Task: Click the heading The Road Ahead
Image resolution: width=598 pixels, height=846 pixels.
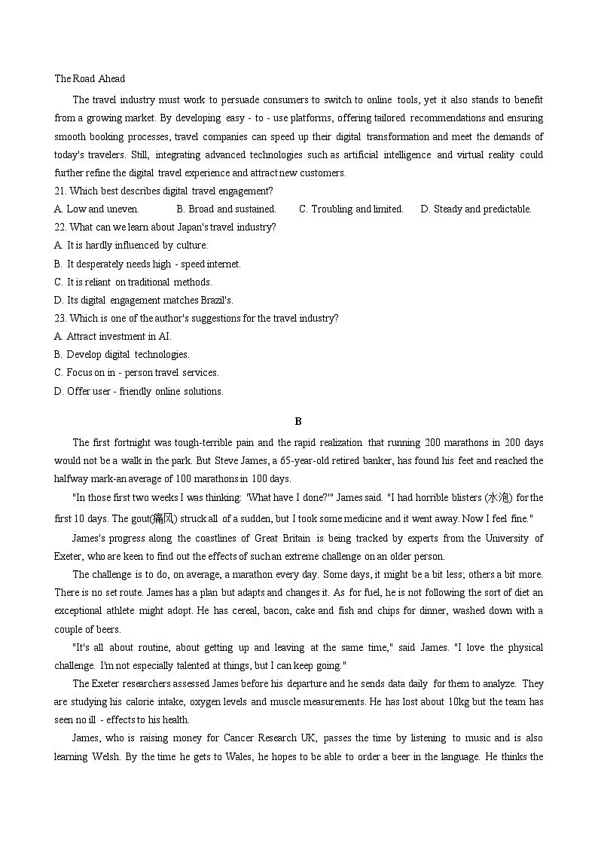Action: [90, 78]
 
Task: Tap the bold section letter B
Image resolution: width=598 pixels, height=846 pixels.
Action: [298, 422]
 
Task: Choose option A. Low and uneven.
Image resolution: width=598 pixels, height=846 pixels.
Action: [97, 209]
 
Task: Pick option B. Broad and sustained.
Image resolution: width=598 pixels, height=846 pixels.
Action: [226, 209]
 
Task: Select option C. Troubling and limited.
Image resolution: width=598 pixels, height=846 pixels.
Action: [351, 209]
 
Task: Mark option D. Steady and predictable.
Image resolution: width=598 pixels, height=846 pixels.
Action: [476, 209]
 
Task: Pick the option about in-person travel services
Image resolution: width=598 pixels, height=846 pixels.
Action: [136, 373]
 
